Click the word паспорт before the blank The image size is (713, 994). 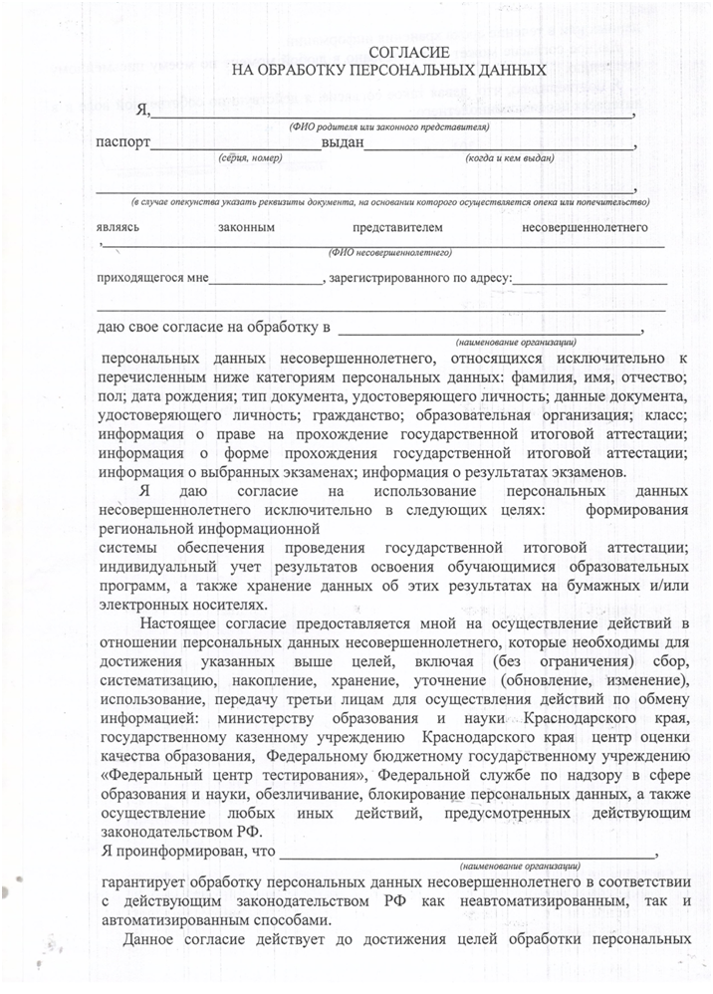pos(121,142)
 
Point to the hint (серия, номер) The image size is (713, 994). pos(250,158)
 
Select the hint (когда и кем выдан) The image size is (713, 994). pos(509,158)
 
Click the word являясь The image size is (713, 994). pos(118,227)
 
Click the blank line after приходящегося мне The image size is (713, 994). pos(266,279)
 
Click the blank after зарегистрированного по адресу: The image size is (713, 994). pos(590,279)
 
